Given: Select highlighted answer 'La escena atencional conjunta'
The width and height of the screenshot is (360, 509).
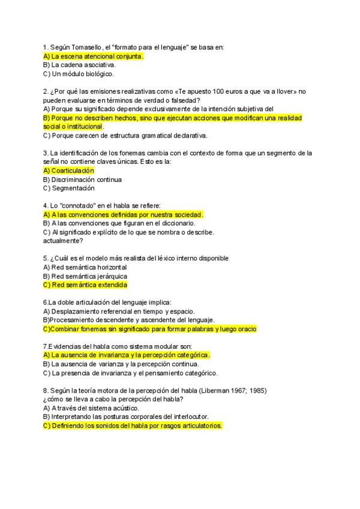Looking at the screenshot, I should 94,56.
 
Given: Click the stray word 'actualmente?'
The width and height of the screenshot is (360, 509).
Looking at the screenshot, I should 63,241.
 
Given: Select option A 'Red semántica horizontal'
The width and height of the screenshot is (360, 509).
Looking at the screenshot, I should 85,267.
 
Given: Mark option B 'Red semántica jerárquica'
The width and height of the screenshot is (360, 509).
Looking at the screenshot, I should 85,276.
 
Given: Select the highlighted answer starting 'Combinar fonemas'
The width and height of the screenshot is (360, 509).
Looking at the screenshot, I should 149,329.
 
